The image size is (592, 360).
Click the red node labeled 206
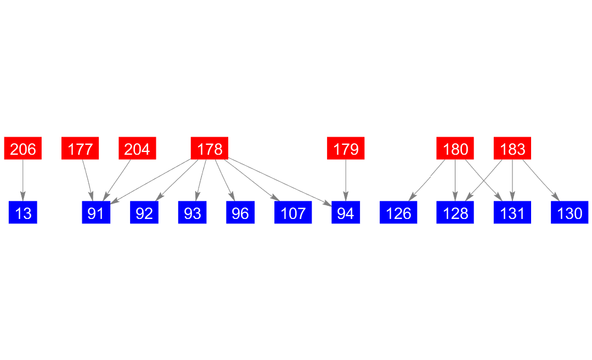tap(23, 149)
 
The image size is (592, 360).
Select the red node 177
tap(80, 149)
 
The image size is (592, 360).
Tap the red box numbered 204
tap(137, 149)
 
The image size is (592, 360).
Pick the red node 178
tap(210, 149)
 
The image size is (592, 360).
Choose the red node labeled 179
tap(346, 149)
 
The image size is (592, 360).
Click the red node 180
tap(455, 149)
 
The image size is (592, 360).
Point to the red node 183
tap(512, 149)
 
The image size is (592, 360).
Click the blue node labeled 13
tap(23, 213)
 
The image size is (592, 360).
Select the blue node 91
tap(96, 213)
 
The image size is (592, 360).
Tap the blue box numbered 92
tap(144, 213)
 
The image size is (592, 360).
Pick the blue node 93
tap(193, 213)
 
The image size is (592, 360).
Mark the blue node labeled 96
tap(240, 213)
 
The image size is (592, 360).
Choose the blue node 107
tap(293, 213)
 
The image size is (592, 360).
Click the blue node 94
tap(346, 213)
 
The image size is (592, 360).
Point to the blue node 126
tap(398, 213)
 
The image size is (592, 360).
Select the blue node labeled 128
tap(455, 213)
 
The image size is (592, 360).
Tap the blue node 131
tap(512, 213)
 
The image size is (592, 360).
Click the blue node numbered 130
tap(570, 213)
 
